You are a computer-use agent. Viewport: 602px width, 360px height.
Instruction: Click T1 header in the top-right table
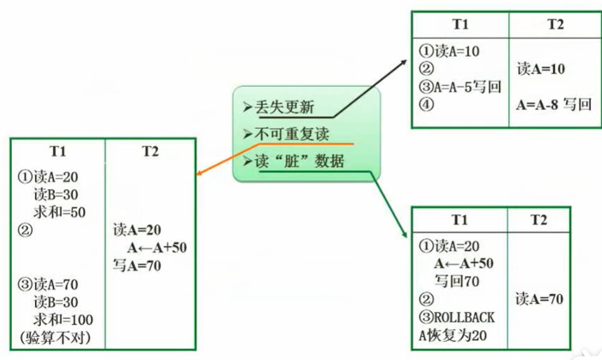(460, 24)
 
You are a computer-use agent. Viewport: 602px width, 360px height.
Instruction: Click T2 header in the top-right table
(554, 24)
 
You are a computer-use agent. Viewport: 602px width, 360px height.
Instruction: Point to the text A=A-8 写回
(554, 105)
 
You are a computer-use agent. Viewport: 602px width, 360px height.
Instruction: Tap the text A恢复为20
(452, 336)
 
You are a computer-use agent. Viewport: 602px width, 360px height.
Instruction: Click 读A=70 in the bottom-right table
(540, 299)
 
